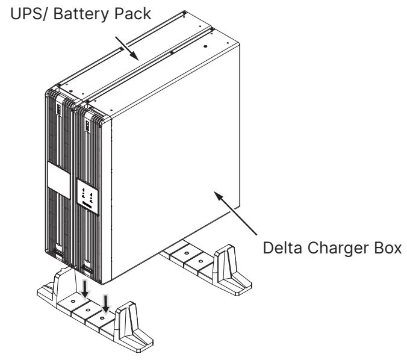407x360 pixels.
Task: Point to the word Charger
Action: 324,249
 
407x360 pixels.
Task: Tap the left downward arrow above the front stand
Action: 85,287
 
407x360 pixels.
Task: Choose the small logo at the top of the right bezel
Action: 87,126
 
